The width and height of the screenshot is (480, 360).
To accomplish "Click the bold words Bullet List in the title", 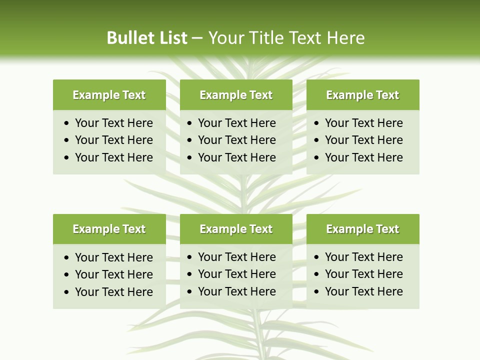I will [147, 38].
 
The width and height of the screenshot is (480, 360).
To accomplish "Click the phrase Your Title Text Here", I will [286, 38].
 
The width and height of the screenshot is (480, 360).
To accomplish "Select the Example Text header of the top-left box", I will [109, 95].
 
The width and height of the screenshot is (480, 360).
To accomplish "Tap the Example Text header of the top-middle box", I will [236, 95].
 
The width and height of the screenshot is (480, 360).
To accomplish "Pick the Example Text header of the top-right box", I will [362, 95].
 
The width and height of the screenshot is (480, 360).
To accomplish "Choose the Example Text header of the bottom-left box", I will [109, 229].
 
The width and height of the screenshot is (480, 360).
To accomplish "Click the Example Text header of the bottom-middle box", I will [236, 229].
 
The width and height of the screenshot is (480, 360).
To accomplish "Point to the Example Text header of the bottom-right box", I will [362, 229].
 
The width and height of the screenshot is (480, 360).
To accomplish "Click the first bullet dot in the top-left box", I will [67, 123].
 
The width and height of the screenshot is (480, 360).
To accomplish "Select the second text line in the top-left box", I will [113, 140].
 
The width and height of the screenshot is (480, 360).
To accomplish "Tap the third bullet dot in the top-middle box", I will [190, 157].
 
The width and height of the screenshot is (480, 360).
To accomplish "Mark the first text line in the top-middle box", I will [236, 123].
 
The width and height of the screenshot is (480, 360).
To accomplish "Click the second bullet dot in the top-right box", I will [317, 140].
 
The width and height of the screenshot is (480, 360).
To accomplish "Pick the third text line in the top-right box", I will [363, 157].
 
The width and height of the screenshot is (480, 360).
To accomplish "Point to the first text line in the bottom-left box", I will [113, 257].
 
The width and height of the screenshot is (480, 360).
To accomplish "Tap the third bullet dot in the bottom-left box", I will [67, 292].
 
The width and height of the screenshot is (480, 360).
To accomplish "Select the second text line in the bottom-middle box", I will [236, 274].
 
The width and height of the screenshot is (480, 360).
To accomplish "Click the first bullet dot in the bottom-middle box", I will [190, 257].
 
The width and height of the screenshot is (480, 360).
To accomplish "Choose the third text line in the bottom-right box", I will [363, 291].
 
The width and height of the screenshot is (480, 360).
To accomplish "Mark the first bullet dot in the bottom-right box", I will [317, 257].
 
